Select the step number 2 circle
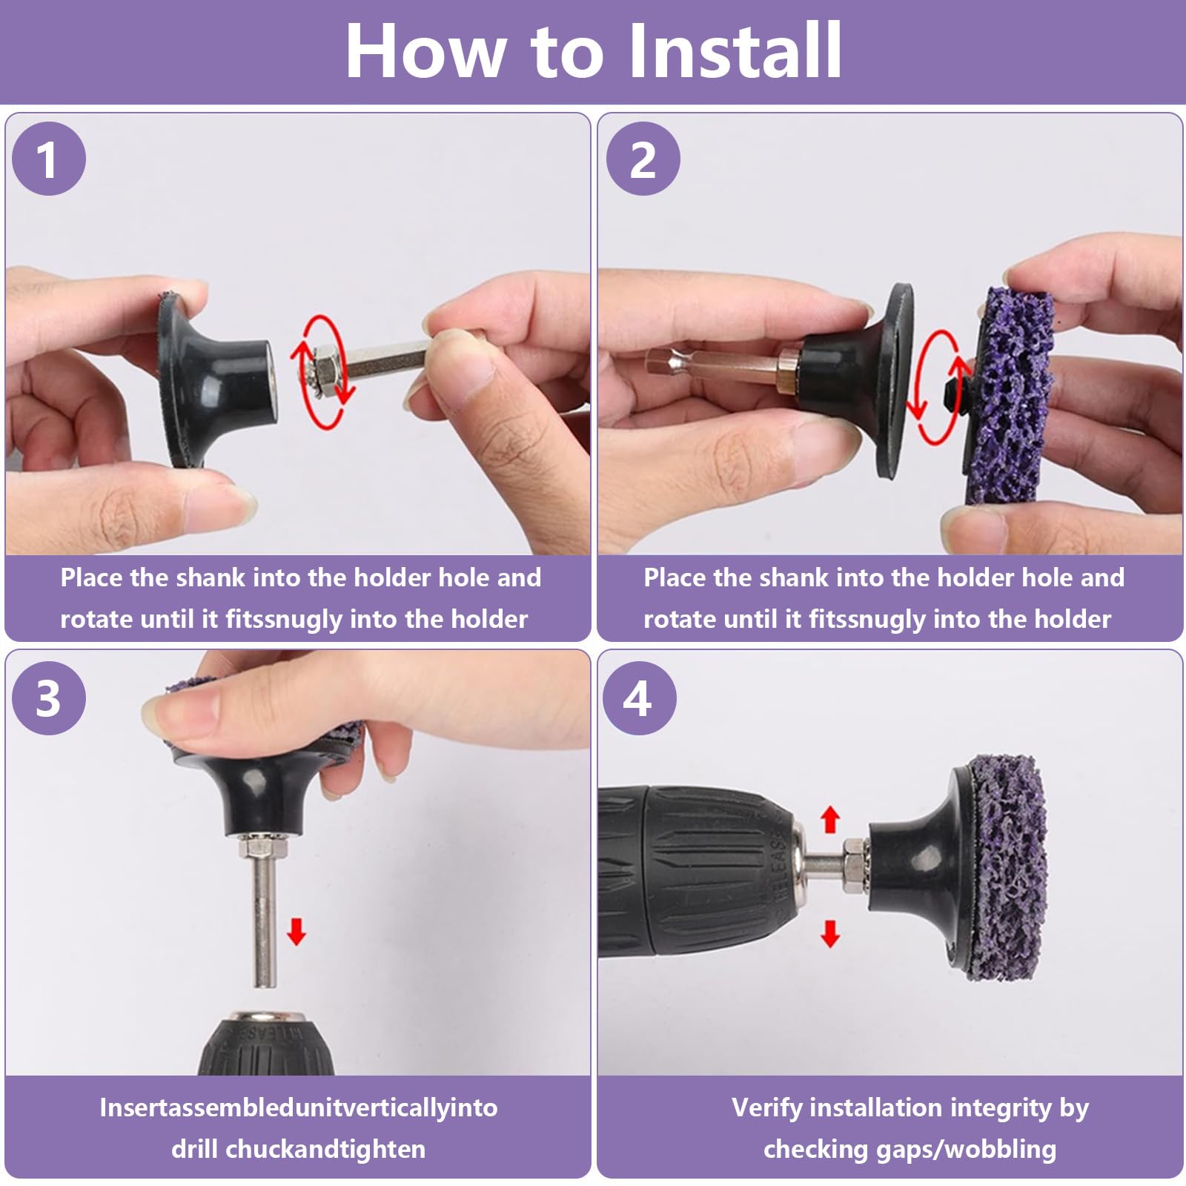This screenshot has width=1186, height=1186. [643, 159]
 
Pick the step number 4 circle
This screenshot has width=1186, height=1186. [639, 698]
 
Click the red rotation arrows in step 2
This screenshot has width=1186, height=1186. [935, 387]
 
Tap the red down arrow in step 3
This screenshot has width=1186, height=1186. [296, 931]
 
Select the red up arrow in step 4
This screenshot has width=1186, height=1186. [830, 820]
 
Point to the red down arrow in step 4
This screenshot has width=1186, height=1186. [830, 933]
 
